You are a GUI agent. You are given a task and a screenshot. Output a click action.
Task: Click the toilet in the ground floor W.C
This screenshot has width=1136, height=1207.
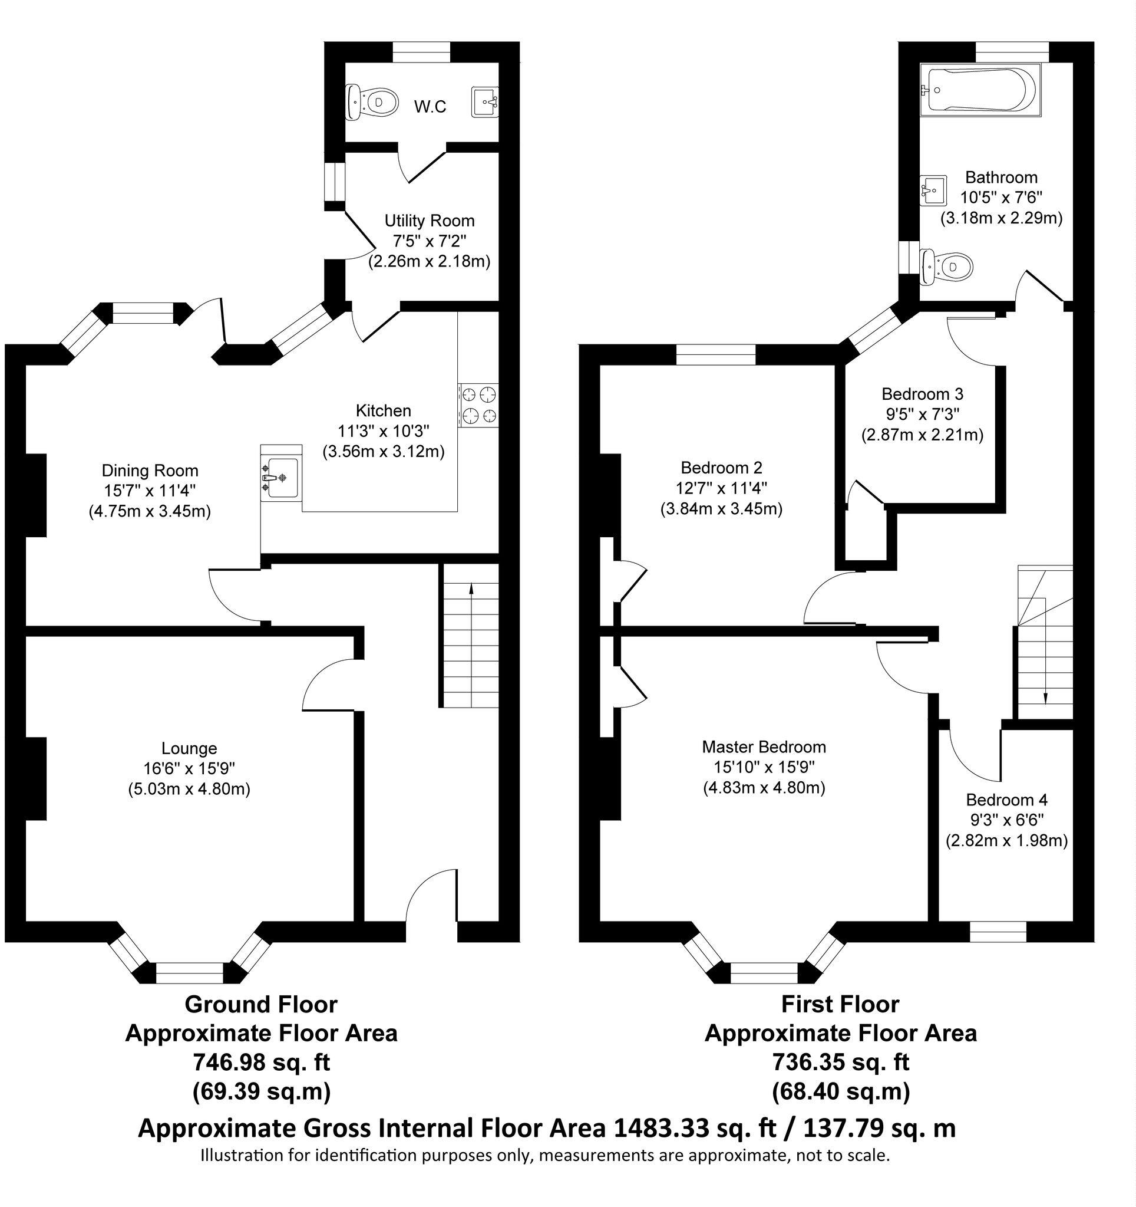coord(371,101)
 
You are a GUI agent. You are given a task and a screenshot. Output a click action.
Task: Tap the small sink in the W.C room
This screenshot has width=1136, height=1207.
coord(486,101)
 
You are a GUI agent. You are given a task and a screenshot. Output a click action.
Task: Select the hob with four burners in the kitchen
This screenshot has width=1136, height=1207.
coord(479,406)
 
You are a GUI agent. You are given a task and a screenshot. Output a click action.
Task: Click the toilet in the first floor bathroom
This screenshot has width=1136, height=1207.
coord(947,266)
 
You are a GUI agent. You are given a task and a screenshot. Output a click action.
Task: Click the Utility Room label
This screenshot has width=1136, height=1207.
coord(430,221)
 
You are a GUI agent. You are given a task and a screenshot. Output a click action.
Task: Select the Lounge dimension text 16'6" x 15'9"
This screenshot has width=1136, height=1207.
coord(189,769)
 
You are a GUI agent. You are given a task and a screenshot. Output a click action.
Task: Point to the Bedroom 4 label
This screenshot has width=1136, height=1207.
coord(1007,800)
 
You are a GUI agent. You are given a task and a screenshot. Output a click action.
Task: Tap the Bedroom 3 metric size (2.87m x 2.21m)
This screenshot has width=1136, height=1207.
coord(922,435)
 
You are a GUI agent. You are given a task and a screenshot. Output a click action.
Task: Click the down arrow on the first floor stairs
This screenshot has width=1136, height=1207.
coord(1045,698)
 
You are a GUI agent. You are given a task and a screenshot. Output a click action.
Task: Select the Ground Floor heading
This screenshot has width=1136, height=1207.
coord(261,1004)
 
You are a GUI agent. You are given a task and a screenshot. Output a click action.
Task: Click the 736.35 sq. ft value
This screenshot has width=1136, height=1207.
coord(840,1063)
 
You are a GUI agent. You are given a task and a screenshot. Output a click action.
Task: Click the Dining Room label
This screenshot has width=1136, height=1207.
coord(150,470)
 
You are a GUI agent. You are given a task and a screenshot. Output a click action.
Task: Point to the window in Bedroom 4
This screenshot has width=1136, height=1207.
coord(998,932)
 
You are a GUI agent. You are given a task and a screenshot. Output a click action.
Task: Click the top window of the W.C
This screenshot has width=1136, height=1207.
coord(421,52)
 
